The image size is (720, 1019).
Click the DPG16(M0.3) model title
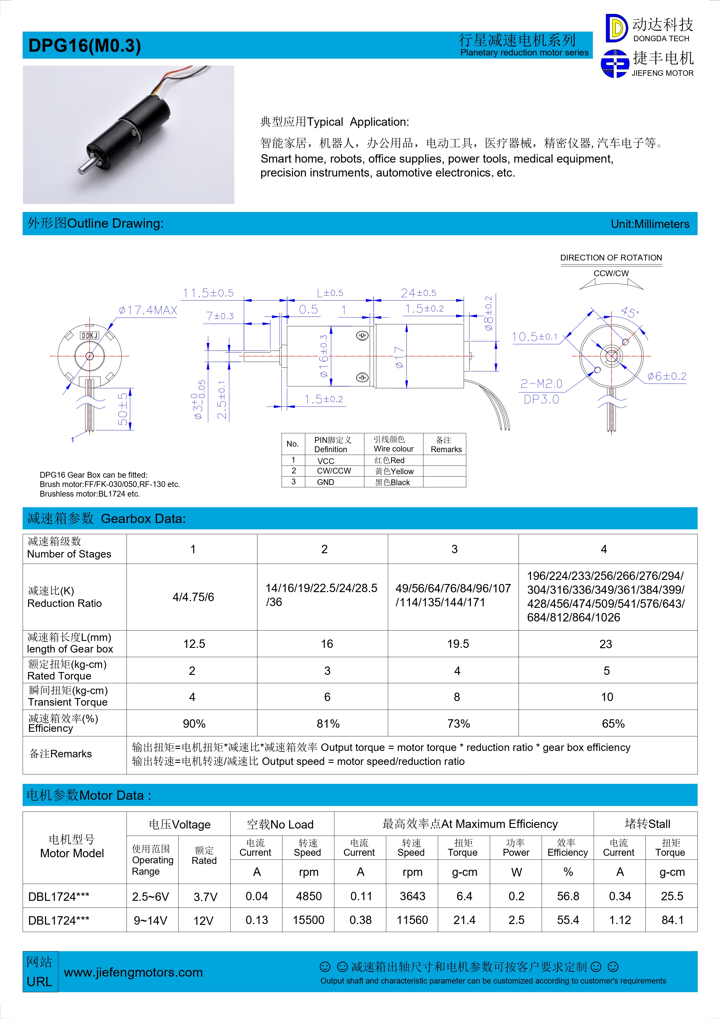pos(84,46)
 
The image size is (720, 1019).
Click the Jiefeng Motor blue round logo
pos(614,64)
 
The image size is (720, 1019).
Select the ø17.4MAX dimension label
pos(148,310)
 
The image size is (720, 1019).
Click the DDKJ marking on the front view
pos(90,335)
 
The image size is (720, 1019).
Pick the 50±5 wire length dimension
pos(123,409)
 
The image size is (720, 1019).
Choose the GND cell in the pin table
pos(326,482)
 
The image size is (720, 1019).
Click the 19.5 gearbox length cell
pos(458,644)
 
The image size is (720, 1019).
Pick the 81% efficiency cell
pos(328,724)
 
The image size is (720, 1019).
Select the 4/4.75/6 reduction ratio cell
pos(193,597)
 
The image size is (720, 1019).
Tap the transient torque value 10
pos(607,697)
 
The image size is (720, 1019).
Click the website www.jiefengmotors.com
pos(133,973)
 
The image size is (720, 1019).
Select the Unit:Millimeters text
pos(650,224)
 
